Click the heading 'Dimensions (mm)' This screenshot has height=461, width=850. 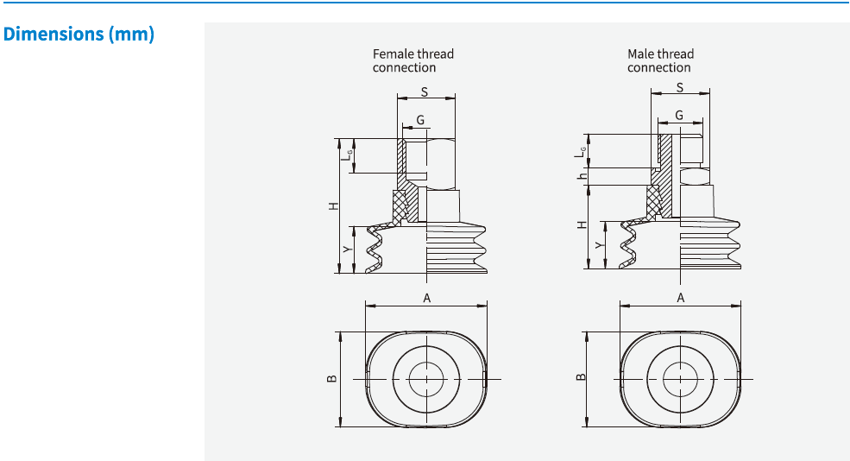(x=79, y=35)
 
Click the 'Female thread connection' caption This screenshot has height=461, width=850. (x=412, y=60)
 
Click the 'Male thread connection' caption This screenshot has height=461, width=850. (x=660, y=60)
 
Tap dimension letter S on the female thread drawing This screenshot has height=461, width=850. (x=425, y=91)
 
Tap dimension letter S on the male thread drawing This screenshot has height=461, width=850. (x=680, y=87)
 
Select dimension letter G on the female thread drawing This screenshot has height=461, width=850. (x=420, y=120)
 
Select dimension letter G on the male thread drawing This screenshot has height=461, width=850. (x=679, y=115)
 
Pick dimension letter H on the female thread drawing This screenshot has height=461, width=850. (x=333, y=206)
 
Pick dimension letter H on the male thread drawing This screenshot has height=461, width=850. (x=582, y=224)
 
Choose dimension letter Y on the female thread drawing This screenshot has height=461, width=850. (x=346, y=249)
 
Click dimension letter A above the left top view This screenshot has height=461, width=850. (x=426, y=298)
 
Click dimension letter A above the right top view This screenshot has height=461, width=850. (x=681, y=298)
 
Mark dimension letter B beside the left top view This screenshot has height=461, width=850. (x=331, y=378)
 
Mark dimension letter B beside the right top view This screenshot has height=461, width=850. (x=582, y=376)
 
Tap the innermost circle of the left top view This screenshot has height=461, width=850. (x=426, y=379)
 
